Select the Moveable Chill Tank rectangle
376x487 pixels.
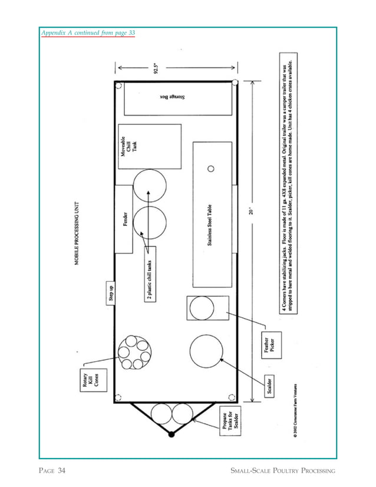[x=149, y=146]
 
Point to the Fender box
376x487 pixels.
[x=124, y=219]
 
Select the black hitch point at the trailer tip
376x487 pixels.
[x=171, y=435]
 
